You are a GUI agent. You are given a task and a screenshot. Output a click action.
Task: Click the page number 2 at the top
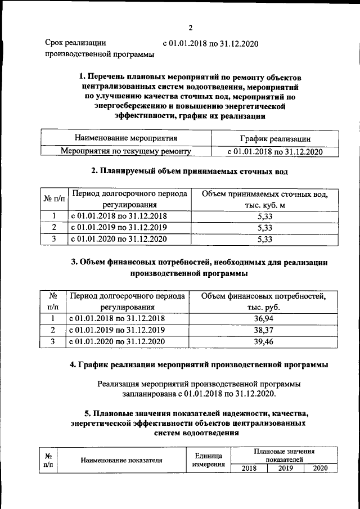click(191, 28)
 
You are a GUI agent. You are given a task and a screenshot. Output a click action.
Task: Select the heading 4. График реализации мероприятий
click(199, 365)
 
